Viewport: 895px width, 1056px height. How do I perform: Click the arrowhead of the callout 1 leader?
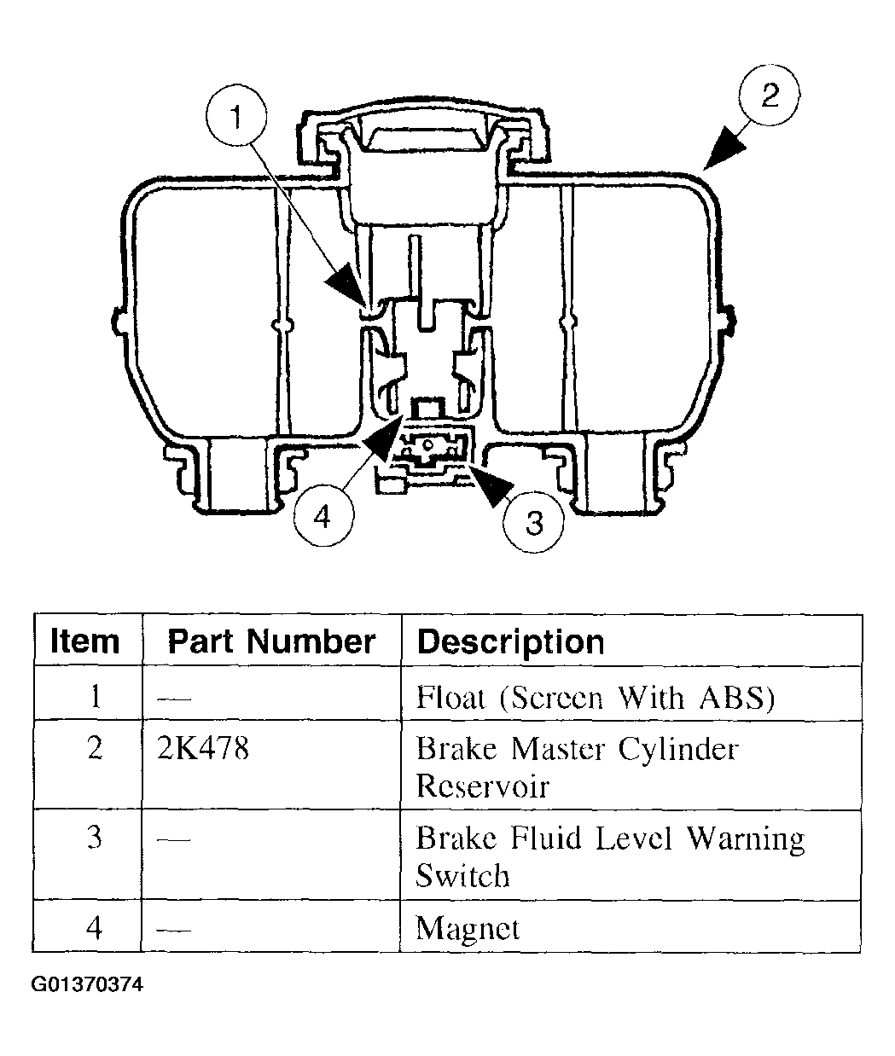347,286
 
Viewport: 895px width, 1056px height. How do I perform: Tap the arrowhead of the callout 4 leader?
381,438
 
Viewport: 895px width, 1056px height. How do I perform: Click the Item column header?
84,641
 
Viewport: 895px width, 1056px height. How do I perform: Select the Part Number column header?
271,641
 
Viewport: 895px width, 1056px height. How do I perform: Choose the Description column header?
510,642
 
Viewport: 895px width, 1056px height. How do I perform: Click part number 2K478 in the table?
202,749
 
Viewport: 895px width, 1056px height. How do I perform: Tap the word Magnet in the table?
468,928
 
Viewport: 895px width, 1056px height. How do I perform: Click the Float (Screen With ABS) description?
596,698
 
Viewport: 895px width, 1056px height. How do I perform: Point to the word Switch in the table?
462,876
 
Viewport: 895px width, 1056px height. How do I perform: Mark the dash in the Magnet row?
174,930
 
